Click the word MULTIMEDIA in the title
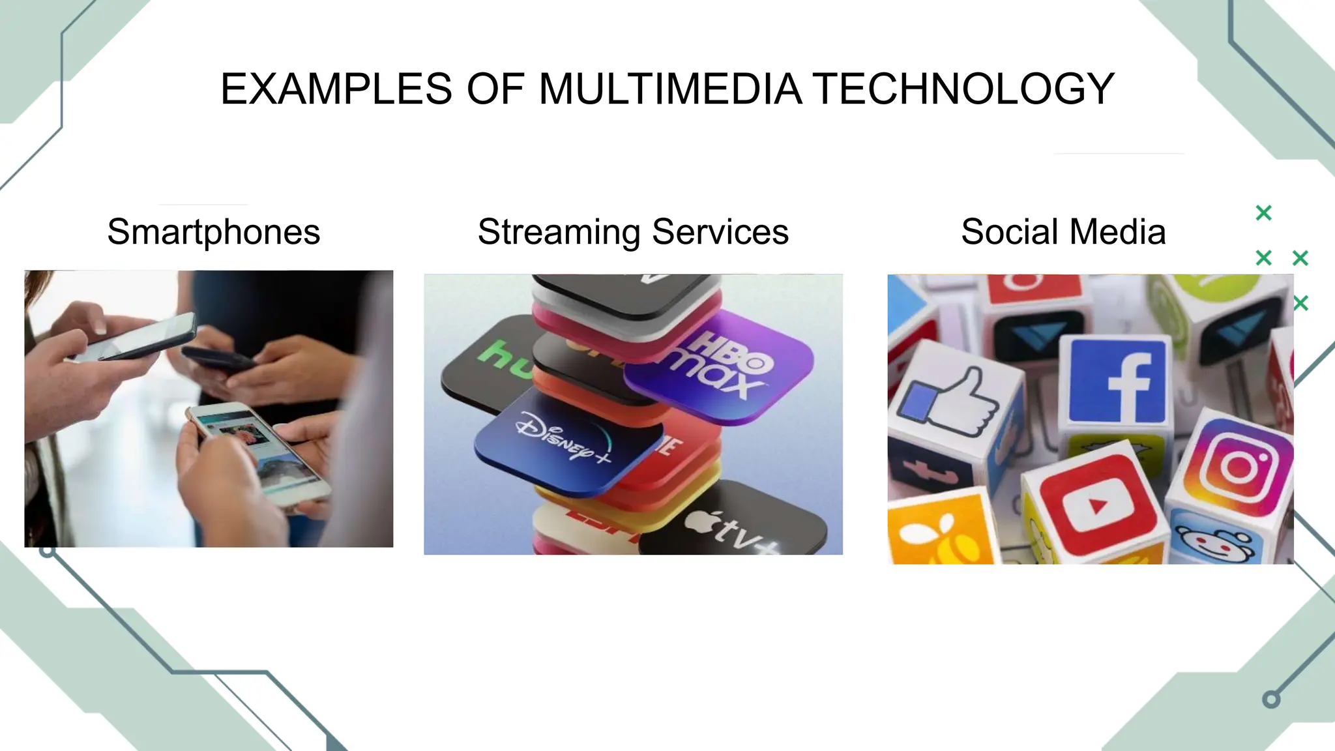coord(670,89)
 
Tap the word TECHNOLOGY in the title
coord(964,89)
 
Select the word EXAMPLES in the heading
coord(336,89)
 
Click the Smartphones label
coord(214,232)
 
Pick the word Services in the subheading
coord(720,232)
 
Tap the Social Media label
coord(1063,232)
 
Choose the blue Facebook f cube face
coord(1117,381)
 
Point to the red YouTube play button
coord(1098,505)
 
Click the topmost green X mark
coord(1263,213)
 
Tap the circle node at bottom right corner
coord(1271,700)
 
